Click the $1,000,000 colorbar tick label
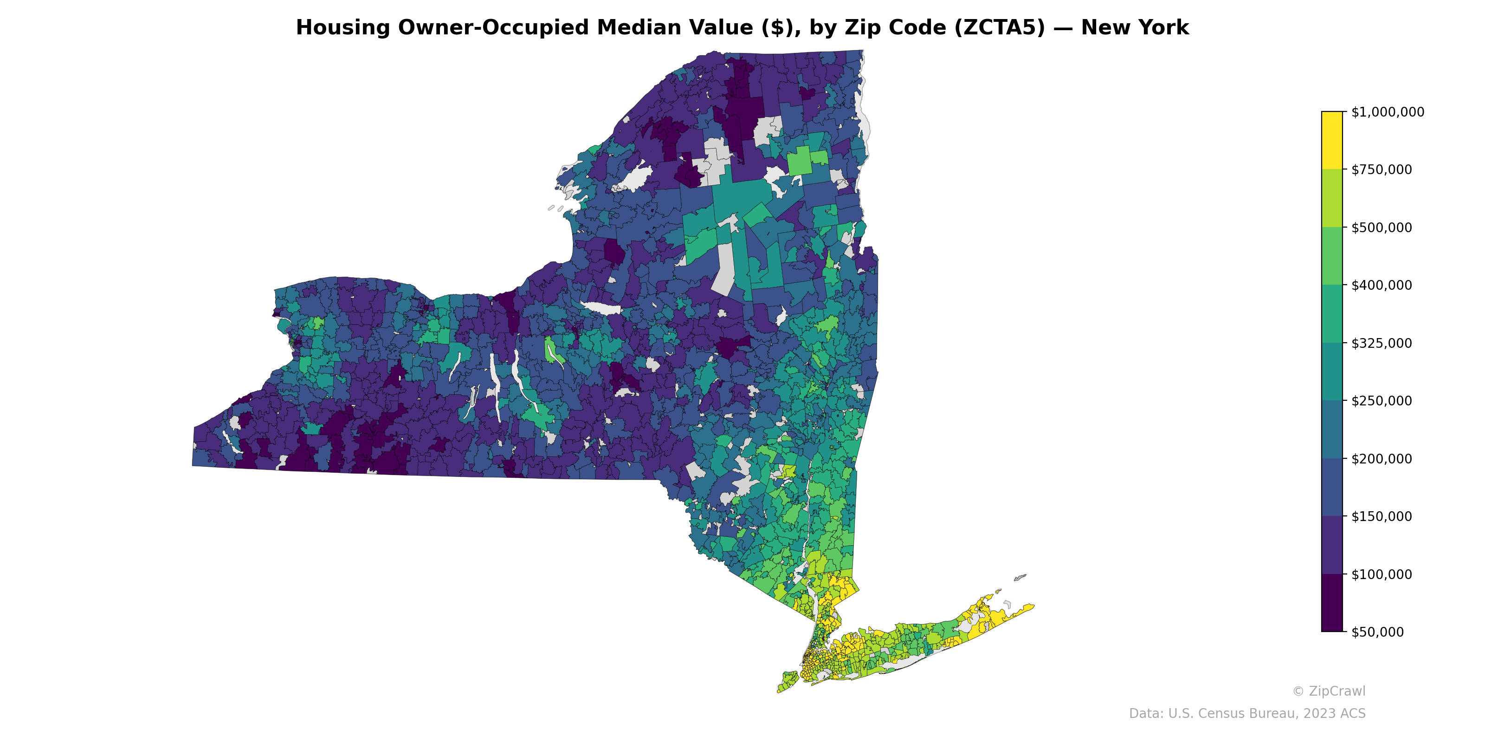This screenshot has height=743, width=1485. coord(1387,112)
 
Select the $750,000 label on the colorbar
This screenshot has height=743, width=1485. coord(1381,169)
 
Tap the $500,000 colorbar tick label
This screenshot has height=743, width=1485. coord(1381,227)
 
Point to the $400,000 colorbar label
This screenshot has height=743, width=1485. coord(1381,285)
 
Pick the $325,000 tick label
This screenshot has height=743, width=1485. coord(1381,343)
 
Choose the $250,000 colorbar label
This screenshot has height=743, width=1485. coord(1381,401)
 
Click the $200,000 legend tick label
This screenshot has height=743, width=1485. coord(1381,459)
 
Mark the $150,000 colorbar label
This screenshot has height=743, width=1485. coord(1381,516)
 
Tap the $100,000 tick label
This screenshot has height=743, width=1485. coord(1381,574)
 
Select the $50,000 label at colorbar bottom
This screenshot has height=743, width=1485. coord(1377,632)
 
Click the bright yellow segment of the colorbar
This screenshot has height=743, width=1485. coord(1332,140)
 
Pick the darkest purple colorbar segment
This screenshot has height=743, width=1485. coord(1332,603)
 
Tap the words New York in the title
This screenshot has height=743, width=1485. coord(1135,28)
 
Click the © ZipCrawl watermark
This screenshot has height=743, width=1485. coord(1329,691)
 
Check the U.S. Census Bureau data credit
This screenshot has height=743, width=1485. coord(1247,714)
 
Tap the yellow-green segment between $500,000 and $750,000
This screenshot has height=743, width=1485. coord(1332,198)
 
